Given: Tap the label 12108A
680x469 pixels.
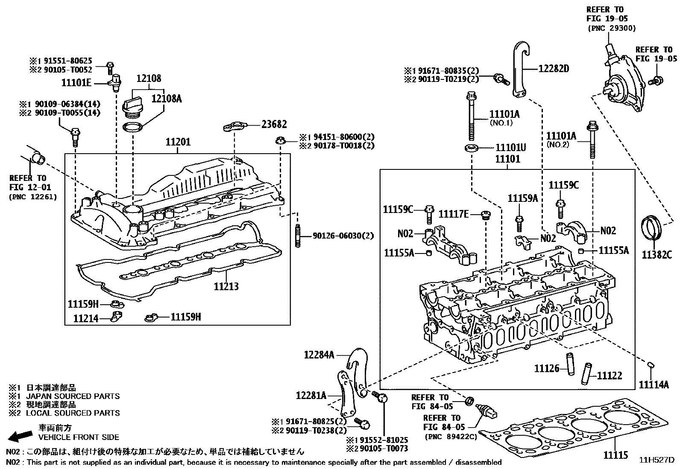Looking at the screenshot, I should pyautogui.click(x=167, y=99).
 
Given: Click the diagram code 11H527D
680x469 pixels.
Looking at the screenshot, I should pyautogui.click(x=657, y=460).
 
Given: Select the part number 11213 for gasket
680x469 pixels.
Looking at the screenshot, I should pyautogui.click(x=226, y=286).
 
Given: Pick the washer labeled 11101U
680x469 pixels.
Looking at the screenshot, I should pyautogui.click(x=471, y=148).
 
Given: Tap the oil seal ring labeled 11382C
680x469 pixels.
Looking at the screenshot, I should pyautogui.click(x=652, y=230).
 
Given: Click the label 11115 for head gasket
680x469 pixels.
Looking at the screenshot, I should pyautogui.click(x=616, y=455).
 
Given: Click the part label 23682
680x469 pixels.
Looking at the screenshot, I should pyautogui.click(x=274, y=124).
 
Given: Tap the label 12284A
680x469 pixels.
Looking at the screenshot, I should pyautogui.click(x=319, y=354).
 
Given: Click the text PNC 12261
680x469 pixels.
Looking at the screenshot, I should pyautogui.click(x=32, y=197).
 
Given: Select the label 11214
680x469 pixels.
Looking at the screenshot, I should pyautogui.click(x=85, y=318).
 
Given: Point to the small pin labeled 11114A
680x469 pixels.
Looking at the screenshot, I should pyautogui.click(x=651, y=364).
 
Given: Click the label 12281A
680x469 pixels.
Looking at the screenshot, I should pyautogui.click(x=311, y=396).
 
